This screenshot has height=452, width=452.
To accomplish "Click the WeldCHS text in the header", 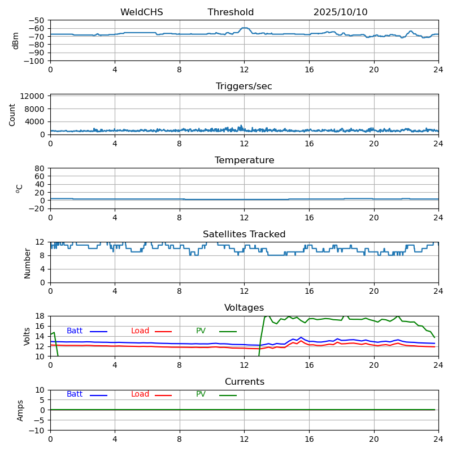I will pyautogui.click(x=141, y=12).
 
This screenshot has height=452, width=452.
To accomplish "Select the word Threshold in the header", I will pyautogui.click(x=231, y=12).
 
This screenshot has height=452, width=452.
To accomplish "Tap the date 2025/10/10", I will pyautogui.click(x=340, y=12).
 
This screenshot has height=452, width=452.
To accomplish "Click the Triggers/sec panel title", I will pyautogui.click(x=244, y=86).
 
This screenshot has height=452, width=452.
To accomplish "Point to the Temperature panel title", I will pyautogui.click(x=244, y=160).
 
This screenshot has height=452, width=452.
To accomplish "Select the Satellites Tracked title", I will pyautogui.click(x=244, y=234).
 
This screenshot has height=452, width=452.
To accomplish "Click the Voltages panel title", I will pyautogui.click(x=244, y=308).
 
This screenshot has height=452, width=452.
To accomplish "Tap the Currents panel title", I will pyautogui.click(x=244, y=382).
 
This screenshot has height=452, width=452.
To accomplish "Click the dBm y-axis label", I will pyautogui.click(x=16, y=40).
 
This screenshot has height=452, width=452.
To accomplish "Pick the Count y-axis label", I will pyautogui.click(x=12, y=114).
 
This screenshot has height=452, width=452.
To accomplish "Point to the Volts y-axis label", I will pyautogui.click(x=27, y=336).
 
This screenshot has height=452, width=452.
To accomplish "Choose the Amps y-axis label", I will pyautogui.click(x=20, y=410).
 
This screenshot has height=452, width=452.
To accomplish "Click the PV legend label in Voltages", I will pyautogui.click(x=201, y=331).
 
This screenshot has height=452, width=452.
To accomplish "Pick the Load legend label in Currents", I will pyautogui.click(x=140, y=394).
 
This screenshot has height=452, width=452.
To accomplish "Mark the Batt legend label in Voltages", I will pyautogui.click(x=75, y=331).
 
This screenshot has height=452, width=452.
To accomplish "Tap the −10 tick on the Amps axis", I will pyautogui.click(x=38, y=431).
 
